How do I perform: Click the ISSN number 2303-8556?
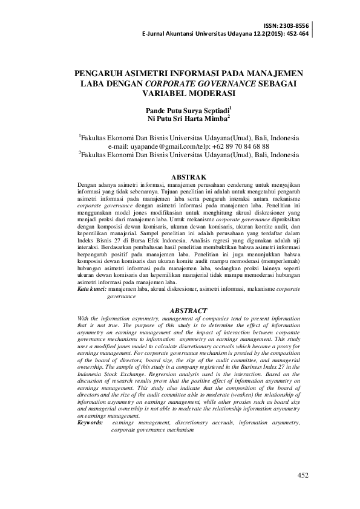295,25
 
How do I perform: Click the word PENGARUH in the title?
102,74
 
